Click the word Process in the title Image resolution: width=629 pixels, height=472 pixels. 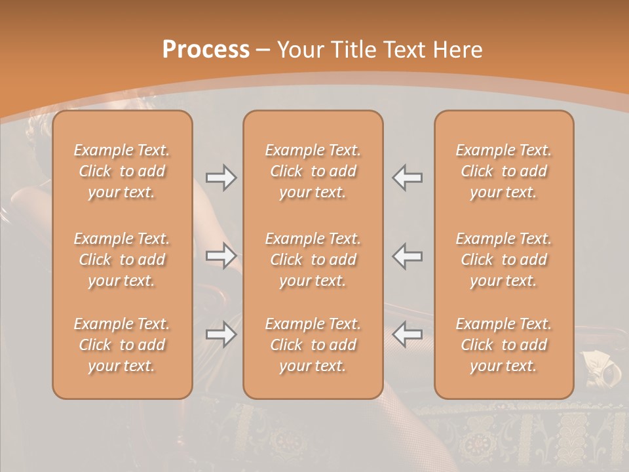coord(206,50)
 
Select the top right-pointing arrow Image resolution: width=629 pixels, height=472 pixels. coord(221,178)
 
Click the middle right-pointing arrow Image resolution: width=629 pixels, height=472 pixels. coord(221,256)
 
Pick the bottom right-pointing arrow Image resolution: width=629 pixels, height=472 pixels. coord(221,334)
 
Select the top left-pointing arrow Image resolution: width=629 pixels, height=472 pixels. coord(408,178)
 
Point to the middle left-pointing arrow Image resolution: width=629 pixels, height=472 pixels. coord(408,256)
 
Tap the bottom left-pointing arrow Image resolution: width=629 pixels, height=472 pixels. coord(408,334)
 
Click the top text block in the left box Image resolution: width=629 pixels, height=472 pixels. coord(122,171)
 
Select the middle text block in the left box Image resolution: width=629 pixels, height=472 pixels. coord(122,260)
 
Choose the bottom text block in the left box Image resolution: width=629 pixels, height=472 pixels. coord(122,345)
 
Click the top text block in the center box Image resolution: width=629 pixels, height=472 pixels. coord(313,171)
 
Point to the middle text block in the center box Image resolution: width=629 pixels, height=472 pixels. coord(313,260)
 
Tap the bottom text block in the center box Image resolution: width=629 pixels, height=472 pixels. coord(313,345)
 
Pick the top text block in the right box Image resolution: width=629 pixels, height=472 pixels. coord(504,171)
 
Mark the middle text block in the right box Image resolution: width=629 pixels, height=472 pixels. coord(504,260)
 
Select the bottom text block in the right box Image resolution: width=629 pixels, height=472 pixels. coord(504,345)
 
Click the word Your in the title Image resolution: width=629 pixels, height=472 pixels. coord(299,50)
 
